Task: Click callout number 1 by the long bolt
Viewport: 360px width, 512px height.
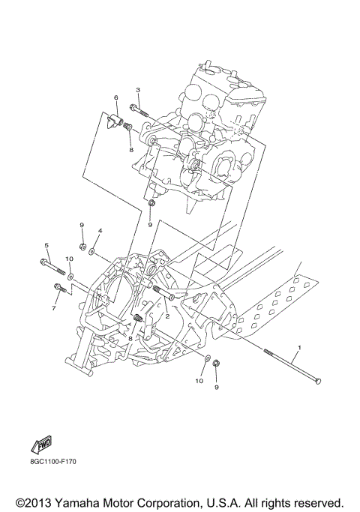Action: coord(300,349)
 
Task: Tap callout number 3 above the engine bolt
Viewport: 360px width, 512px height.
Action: coord(138,90)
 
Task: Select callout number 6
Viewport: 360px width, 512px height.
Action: coord(116,97)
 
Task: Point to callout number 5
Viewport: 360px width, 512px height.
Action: coord(46,245)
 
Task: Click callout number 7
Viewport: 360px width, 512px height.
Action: coord(54,308)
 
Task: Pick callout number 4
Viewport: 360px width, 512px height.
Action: coord(100,231)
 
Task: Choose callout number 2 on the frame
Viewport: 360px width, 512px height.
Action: coord(168,316)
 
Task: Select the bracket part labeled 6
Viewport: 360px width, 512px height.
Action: coord(117,121)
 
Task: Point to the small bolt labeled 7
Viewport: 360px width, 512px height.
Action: coord(60,289)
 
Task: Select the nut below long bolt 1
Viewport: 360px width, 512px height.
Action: coord(217,364)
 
